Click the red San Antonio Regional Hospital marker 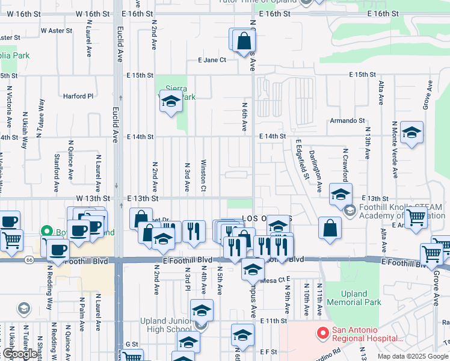coord(323,332)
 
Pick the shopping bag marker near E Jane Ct coord(244,42)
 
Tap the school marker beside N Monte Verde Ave coord(411,133)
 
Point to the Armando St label coord(347,121)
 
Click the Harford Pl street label coord(78,96)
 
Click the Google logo coord(19,354)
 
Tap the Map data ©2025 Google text coord(413,356)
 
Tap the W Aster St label coord(56,30)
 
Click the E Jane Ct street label coord(212,60)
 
